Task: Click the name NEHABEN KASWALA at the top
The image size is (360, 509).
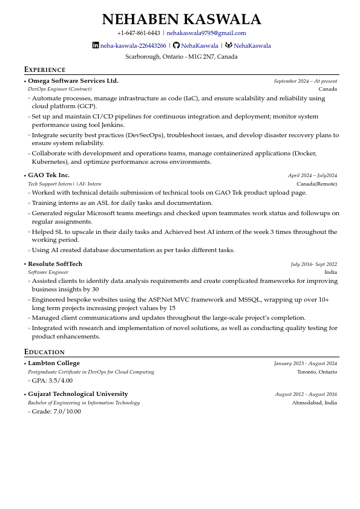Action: [x=182, y=19]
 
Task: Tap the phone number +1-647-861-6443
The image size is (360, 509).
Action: [x=139, y=33]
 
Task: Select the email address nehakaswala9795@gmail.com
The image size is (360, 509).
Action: [x=206, y=33]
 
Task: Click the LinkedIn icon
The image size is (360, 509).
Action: [x=96, y=45]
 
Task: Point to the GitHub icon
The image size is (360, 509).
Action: [x=176, y=45]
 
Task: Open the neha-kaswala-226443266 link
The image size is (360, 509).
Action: [x=133, y=46]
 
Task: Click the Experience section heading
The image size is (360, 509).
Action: [x=45, y=70]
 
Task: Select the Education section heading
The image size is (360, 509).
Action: [x=44, y=352]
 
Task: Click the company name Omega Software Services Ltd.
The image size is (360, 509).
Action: [x=73, y=81]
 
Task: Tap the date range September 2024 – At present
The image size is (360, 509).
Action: [x=305, y=81]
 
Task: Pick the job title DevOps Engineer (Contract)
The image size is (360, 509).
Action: [x=60, y=89]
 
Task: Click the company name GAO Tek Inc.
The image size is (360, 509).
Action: [x=49, y=175]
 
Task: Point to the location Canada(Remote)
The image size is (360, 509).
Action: [x=316, y=184]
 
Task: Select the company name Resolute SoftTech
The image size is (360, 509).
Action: [x=55, y=264]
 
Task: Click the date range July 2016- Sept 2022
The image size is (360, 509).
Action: [x=313, y=264]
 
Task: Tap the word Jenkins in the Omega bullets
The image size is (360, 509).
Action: [x=113, y=125]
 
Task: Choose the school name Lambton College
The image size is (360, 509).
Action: [x=54, y=363]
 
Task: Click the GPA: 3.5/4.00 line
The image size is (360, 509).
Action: [x=52, y=381]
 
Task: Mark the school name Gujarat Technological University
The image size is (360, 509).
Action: [x=78, y=394]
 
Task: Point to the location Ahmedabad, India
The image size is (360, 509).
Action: [x=314, y=403]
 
